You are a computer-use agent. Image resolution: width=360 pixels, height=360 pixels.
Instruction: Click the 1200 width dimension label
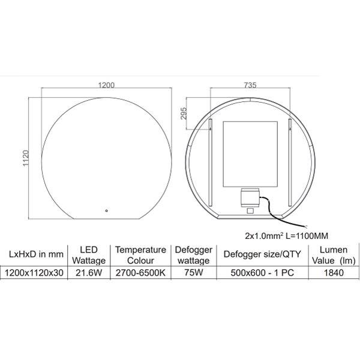tap(106, 85)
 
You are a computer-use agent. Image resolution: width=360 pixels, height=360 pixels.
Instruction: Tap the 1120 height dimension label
tap(26, 158)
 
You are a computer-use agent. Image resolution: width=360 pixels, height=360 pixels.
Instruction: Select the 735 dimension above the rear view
tap(250, 85)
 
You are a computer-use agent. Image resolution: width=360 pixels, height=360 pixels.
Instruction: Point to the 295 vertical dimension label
tap(184, 113)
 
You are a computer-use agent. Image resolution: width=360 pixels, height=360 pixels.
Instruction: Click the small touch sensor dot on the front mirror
tap(106, 211)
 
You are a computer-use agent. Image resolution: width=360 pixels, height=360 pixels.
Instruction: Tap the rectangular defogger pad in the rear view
tap(250, 154)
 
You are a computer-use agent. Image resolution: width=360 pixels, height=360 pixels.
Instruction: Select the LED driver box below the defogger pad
tap(250, 197)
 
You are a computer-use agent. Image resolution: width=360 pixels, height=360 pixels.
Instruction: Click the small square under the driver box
tap(250, 211)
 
